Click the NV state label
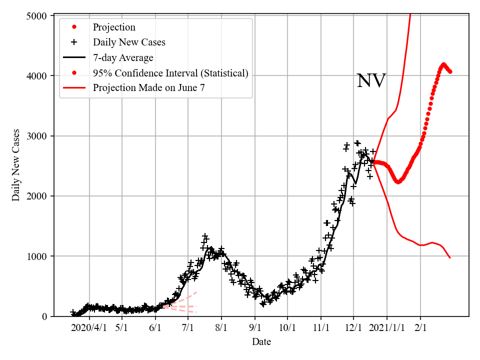(371, 81)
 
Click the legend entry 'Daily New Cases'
(129, 42)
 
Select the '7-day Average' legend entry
(123, 58)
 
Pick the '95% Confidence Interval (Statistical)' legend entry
(170, 73)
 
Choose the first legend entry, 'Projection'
(114, 27)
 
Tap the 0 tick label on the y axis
(43, 316)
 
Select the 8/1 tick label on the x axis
(221, 328)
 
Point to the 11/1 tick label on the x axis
(320, 328)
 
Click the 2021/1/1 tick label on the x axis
(386, 328)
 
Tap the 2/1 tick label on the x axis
(420, 328)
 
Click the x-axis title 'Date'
(261, 342)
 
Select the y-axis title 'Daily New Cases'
(16, 165)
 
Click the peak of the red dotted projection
(443, 64)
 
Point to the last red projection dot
(450, 71)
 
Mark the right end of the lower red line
(450, 258)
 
